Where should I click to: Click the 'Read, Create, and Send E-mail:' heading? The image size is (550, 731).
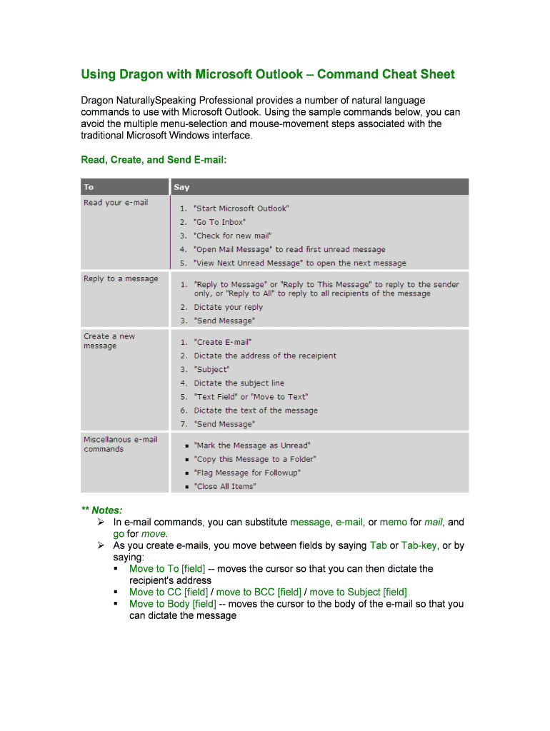(154, 160)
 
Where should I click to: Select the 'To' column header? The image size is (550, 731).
(89, 187)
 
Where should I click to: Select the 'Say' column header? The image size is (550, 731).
(181, 187)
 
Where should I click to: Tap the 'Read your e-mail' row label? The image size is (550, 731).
(116, 203)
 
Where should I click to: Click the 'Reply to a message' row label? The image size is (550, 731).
(121, 278)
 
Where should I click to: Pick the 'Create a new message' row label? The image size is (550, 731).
(109, 341)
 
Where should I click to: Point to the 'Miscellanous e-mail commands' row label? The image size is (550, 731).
(120, 444)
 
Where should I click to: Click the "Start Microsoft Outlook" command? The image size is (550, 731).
(241, 208)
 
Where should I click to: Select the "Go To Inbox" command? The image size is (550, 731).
(220, 222)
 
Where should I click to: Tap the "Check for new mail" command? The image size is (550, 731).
(233, 236)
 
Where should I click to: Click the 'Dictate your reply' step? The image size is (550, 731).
(228, 307)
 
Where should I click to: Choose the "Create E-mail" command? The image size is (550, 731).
(223, 342)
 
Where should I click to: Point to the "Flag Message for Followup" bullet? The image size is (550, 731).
(247, 473)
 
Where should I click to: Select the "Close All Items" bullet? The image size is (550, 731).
(225, 486)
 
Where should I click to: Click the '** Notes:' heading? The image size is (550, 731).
(101, 510)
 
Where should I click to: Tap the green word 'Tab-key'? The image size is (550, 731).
(419, 545)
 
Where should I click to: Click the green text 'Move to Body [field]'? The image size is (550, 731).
(172, 604)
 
